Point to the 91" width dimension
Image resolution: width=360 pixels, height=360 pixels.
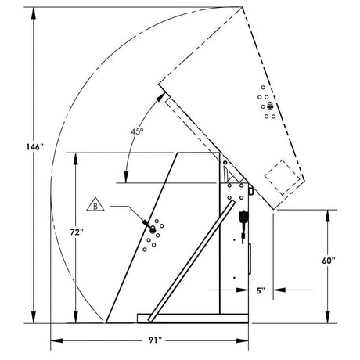coord(153,340)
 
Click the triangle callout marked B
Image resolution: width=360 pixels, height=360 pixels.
coord(94,207)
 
